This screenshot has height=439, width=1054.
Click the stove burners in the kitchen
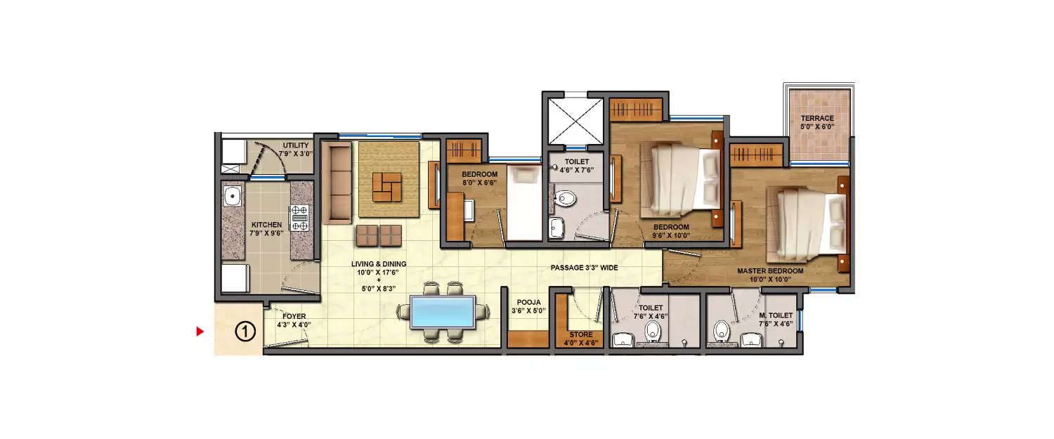299,218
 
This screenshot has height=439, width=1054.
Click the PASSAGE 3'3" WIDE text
584,268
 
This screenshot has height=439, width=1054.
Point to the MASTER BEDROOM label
769,270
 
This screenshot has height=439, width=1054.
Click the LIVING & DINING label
379,264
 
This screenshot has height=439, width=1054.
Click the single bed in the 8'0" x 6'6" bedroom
522,204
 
